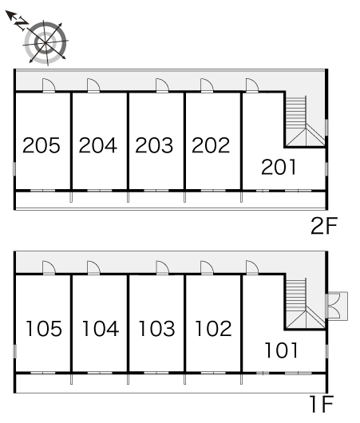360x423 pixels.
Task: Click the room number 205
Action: point(42,145)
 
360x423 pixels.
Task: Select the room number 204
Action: point(98,145)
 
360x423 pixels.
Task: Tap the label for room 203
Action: point(154,145)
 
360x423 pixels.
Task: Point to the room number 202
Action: point(211,145)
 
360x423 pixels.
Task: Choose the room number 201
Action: point(279,167)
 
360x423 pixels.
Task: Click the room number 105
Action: point(44,328)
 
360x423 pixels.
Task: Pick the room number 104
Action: point(101,328)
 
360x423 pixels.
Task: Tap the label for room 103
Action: point(156,328)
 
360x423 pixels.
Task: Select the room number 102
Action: point(213,328)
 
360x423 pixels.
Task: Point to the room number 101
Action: point(282,350)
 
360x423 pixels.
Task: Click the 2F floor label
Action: point(324,226)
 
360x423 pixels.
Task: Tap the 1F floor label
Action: point(322,404)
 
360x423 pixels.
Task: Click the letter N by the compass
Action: point(22,24)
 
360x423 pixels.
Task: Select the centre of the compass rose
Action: point(45,43)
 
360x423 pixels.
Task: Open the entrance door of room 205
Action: point(49,85)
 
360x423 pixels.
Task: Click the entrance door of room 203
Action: point(163,85)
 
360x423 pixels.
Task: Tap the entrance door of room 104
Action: point(93,268)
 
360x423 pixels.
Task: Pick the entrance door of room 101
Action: point(252,268)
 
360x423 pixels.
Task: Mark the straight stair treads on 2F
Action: point(296,112)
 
